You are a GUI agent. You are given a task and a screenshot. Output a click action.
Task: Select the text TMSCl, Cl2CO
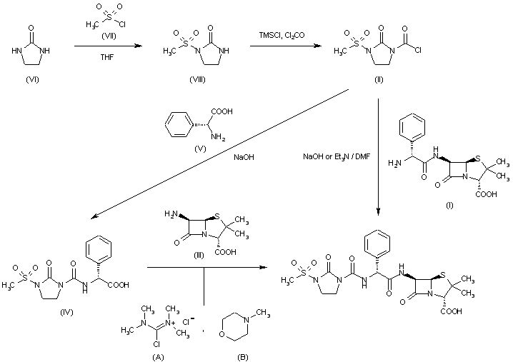[x=277, y=34]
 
